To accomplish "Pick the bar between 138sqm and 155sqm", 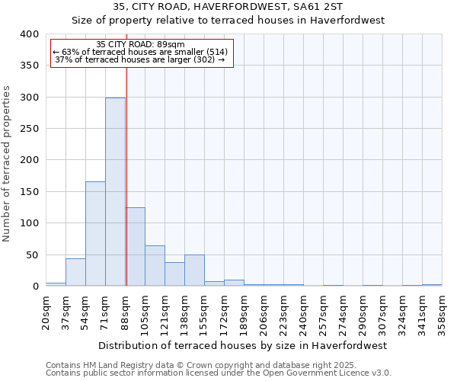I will [x=194, y=271].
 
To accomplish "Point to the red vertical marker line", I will [x=126, y=152].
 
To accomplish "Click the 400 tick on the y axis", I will [x=29, y=34].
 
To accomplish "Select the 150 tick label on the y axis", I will [x=29, y=192].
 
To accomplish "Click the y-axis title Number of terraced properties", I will [x=8, y=164].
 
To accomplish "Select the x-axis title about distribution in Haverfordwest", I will [x=243, y=345].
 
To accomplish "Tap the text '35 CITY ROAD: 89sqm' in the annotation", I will [x=141, y=44].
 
